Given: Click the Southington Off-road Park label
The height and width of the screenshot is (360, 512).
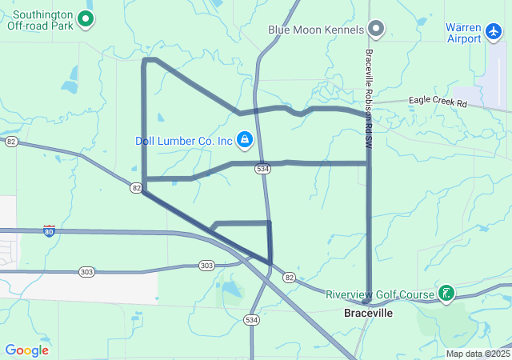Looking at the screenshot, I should tap(40, 19).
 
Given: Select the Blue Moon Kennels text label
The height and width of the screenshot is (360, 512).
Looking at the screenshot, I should tap(315, 30).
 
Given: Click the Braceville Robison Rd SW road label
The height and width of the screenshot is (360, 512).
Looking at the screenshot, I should tap(369, 89).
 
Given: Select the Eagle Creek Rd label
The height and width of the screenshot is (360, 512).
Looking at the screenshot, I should tap(438, 102).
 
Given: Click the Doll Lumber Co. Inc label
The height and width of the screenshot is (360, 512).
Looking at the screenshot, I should tap(183, 141).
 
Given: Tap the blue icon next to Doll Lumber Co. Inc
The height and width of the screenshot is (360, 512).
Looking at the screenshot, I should tap(245, 141).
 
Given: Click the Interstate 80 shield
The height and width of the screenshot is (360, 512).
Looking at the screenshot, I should tap(50, 231).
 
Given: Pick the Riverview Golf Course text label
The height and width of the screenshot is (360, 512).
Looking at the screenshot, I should tap(379, 294).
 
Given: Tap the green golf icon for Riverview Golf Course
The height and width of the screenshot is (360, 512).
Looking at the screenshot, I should tap(446, 294).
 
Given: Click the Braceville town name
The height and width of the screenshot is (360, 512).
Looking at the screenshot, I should tap(368, 313).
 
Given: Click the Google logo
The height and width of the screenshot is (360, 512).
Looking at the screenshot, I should tap(26, 350).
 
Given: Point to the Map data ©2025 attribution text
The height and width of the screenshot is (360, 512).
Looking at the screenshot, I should tap(478, 354).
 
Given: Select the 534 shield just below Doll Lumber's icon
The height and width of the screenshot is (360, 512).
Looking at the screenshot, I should tap(262, 169).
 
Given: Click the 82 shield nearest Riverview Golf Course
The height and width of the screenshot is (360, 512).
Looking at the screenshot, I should tap(289, 277).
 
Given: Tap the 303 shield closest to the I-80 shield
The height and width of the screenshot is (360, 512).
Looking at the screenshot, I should tap(86, 272).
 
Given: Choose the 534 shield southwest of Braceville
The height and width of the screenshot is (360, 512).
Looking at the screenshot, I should tap(252, 319).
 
